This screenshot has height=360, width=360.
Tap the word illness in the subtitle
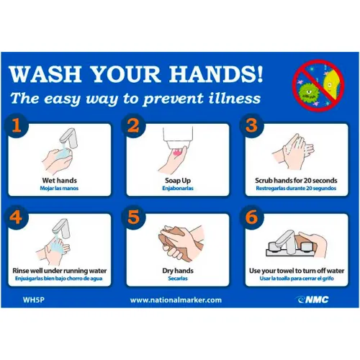pyautogui.click(x=235, y=98)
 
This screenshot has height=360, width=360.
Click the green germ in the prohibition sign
pyautogui.click(x=308, y=91)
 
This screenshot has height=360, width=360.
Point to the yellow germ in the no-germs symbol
pyautogui.click(x=330, y=84)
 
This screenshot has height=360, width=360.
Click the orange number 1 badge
pyautogui.click(x=17, y=125)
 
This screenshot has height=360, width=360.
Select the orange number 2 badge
pyautogui.click(x=133, y=125)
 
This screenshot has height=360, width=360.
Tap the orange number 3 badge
pyautogui.click(x=251, y=125)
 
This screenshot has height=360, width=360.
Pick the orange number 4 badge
pyautogui.click(x=17, y=217)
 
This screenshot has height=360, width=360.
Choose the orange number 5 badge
pyautogui.click(x=133, y=217)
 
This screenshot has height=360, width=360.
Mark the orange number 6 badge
pyautogui.click(x=251, y=217)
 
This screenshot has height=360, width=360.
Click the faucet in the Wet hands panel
pyautogui.click(x=70, y=138)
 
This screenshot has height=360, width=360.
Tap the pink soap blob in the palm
pyautogui.click(x=178, y=152)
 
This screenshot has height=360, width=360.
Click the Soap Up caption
pyautogui.click(x=178, y=181)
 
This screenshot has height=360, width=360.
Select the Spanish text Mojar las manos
pyautogui.click(x=59, y=189)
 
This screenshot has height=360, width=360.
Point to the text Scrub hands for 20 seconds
pyautogui.click(x=296, y=181)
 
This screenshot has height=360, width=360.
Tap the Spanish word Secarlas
pyautogui.click(x=178, y=279)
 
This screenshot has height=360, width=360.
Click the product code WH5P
pyautogui.click(x=34, y=300)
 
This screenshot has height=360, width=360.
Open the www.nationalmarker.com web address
pyautogui.click(x=176, y=300)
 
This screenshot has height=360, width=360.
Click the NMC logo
pyautogui.click(x=312, y=300)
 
